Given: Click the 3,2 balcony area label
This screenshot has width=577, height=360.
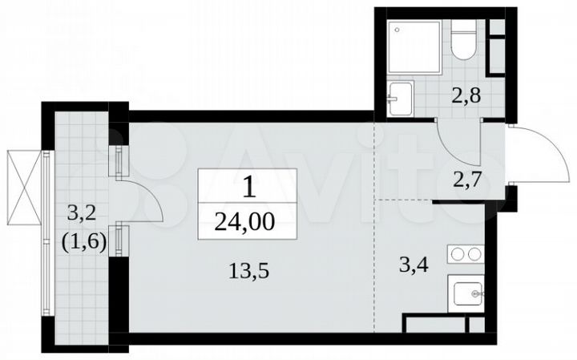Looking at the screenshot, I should coord(80,214).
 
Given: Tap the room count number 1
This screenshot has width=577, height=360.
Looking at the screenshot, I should coord(248,188).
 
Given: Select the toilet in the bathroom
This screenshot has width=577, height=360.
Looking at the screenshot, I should coord(464,40).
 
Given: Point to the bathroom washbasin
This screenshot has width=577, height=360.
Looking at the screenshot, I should coord(399,98).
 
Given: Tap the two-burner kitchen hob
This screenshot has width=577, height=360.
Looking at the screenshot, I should coord(464,257).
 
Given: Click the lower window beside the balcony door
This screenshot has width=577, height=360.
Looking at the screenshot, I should coord(119,240).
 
